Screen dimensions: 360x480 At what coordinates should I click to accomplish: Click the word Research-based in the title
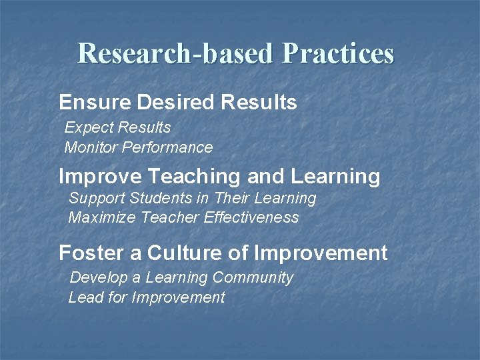175,53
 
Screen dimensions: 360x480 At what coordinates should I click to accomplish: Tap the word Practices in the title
337,53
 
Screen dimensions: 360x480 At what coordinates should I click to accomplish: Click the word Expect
89,127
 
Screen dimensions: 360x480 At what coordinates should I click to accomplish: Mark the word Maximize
99,218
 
